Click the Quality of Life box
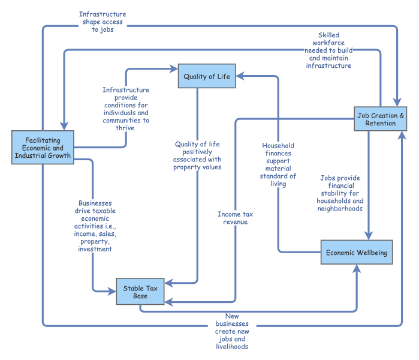207,76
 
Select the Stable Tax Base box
140,291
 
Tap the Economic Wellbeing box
357,252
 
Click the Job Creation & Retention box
381,119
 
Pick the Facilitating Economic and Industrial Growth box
43,148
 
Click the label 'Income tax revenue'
236,218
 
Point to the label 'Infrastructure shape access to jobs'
103,22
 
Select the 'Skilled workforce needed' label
328,50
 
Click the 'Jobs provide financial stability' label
340,193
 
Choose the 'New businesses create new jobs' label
232,331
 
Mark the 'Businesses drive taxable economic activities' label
95,226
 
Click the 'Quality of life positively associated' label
197,155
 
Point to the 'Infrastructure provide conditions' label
126,109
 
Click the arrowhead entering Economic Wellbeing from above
369,236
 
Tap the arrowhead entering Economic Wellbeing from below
357,269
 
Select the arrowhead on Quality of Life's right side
240,76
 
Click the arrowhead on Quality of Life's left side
174,69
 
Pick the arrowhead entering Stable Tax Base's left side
112,291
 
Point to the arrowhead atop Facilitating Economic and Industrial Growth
64,126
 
